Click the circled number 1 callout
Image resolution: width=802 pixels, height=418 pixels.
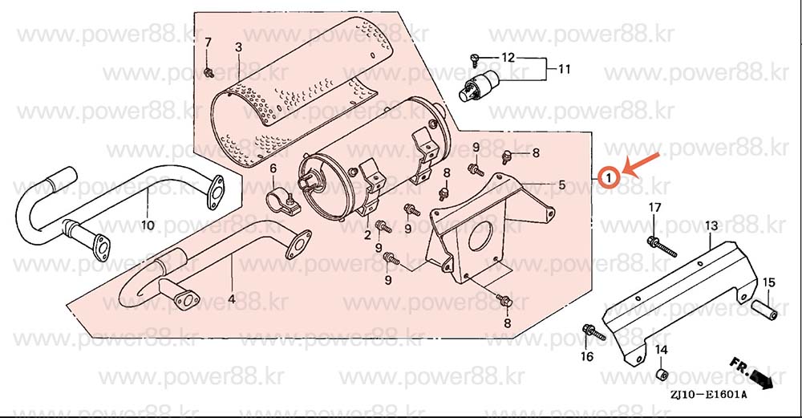click(x=610, y=178)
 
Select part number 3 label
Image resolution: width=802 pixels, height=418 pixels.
click(x=238, y=47)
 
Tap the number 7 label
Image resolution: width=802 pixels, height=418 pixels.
click(x=208, y=43)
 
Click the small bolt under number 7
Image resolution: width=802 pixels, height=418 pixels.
click(x=209, y=73)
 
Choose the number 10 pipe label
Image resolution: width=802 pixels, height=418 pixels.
click(x=148, y=225)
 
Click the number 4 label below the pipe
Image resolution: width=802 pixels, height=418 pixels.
click(x=231, y=298)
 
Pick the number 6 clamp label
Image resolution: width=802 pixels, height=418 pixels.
click(x=273, y=168)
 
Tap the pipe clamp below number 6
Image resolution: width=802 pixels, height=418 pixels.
click(x=281, y=201)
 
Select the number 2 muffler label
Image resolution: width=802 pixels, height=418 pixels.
click(x=367, y=235)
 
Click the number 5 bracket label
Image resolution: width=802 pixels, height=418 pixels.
click(x=561, y=185)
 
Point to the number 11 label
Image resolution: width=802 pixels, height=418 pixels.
click(x=564, y=68)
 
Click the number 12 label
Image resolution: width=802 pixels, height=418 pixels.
click(x=508, y=57)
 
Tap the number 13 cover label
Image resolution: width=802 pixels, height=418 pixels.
click(x=711, y=225)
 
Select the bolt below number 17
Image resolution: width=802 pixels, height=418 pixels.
click(x=662, y=246)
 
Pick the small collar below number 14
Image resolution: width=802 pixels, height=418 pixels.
click(x=662, y=374)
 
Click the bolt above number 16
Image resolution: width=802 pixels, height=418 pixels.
click(x=593, y=333)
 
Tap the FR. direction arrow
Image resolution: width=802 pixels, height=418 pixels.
click(x=751, y=373)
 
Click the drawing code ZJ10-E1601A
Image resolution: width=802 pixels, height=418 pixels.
click(x=708, y=395)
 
